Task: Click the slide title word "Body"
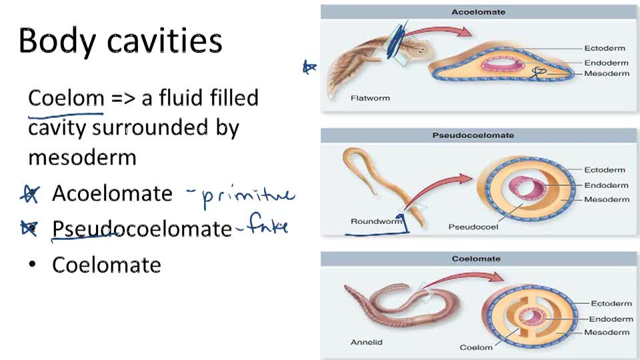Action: (x=58, y=41)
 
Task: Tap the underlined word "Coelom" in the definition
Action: (x=66, y=99)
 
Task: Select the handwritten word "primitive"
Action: (x=247, y=196)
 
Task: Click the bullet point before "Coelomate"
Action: (x=31, y=265)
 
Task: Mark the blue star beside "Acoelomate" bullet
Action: (x=29, y=194)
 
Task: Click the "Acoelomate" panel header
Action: (x=478, y=12)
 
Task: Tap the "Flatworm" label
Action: (x=370, y=98)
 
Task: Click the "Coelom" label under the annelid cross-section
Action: (x=476, y=347)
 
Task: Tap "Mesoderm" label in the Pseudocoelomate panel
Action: (x=606, y=199)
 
